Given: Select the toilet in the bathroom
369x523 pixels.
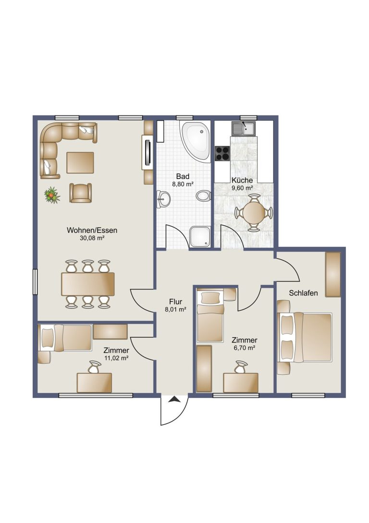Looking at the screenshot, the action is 203,196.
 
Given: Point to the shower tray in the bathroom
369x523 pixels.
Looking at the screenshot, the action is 200,237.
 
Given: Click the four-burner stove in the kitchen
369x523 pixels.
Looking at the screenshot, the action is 222,154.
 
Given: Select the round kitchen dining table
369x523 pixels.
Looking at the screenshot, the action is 254,213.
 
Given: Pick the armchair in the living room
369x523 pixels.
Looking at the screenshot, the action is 80,193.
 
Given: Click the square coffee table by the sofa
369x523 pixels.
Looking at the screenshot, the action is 80,163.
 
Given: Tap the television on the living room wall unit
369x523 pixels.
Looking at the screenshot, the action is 148,153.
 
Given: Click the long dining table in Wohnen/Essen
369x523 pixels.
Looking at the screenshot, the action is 88,284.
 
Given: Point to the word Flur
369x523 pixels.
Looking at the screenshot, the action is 175,302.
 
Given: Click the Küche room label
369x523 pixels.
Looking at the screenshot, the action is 242,180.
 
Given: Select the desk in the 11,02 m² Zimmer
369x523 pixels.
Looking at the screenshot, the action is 95,383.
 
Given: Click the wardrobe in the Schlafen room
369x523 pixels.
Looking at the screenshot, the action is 333,274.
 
